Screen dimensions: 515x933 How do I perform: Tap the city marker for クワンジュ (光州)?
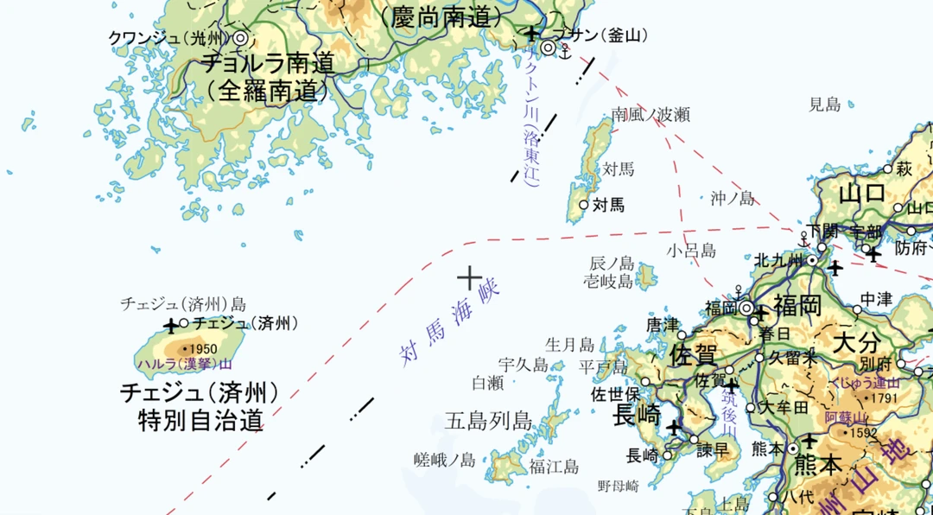[x=240, y=38]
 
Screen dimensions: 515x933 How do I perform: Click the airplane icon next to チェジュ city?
[x=171, y=326]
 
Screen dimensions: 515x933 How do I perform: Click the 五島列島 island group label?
[x=487, y=421]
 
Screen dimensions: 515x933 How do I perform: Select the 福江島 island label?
[x=554, y=467]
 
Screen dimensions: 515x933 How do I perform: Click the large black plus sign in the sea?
[x=469, y=277]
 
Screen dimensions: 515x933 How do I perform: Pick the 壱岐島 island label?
[x=608, y=281]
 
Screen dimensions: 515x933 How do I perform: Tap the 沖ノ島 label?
[x=733, y=198]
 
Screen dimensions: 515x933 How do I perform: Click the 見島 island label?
[x=824, y=105]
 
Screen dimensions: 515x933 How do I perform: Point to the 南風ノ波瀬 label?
[x=651, y=114]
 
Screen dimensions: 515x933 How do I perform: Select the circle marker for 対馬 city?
[x=583, y=205]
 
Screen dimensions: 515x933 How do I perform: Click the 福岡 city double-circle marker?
[x=746, y=307]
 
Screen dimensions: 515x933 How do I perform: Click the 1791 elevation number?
[x=885, y=398]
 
